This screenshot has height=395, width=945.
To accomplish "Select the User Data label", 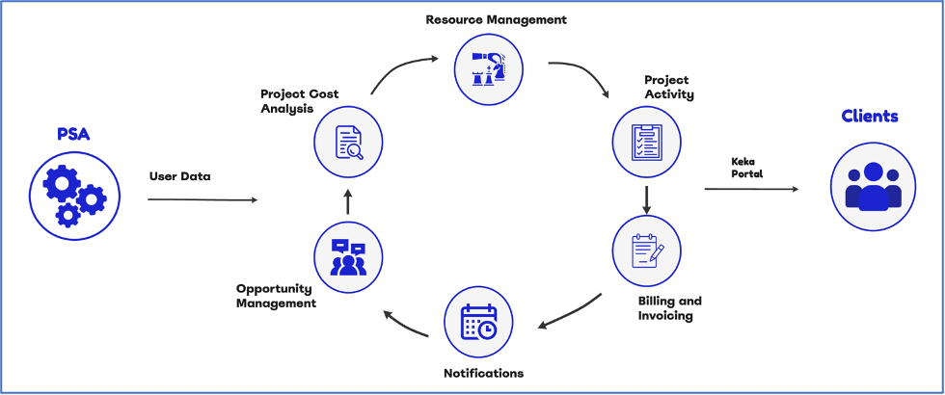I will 179,176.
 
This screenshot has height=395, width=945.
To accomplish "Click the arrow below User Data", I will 202,199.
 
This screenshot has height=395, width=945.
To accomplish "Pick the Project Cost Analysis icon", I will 348,142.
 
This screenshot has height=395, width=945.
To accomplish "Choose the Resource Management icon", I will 488,66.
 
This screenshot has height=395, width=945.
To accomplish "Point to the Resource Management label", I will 497,19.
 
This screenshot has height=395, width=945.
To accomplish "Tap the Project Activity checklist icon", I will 647,142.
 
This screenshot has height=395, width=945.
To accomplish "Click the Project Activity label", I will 669,87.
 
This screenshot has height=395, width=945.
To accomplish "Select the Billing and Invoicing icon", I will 647,250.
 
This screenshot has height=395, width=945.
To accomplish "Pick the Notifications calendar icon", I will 478,322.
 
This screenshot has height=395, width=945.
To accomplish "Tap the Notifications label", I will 483,373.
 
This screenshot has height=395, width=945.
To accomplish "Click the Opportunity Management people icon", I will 348,257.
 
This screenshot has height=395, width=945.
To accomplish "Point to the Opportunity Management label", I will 276,296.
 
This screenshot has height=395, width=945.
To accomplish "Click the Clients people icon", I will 873,187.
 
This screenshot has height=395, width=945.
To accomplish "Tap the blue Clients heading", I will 870,117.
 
